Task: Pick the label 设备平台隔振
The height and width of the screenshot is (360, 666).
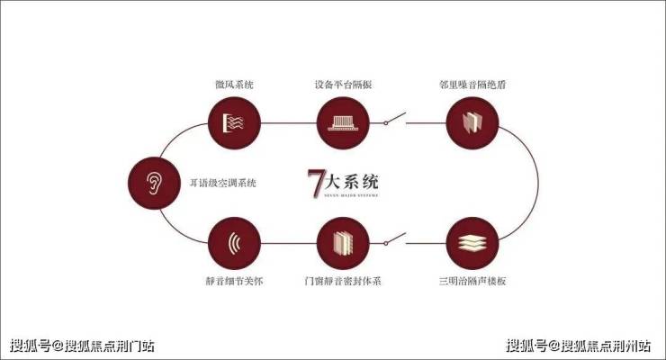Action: tap(343, 85)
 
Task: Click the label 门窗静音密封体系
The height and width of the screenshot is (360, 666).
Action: tap(343, 282)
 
